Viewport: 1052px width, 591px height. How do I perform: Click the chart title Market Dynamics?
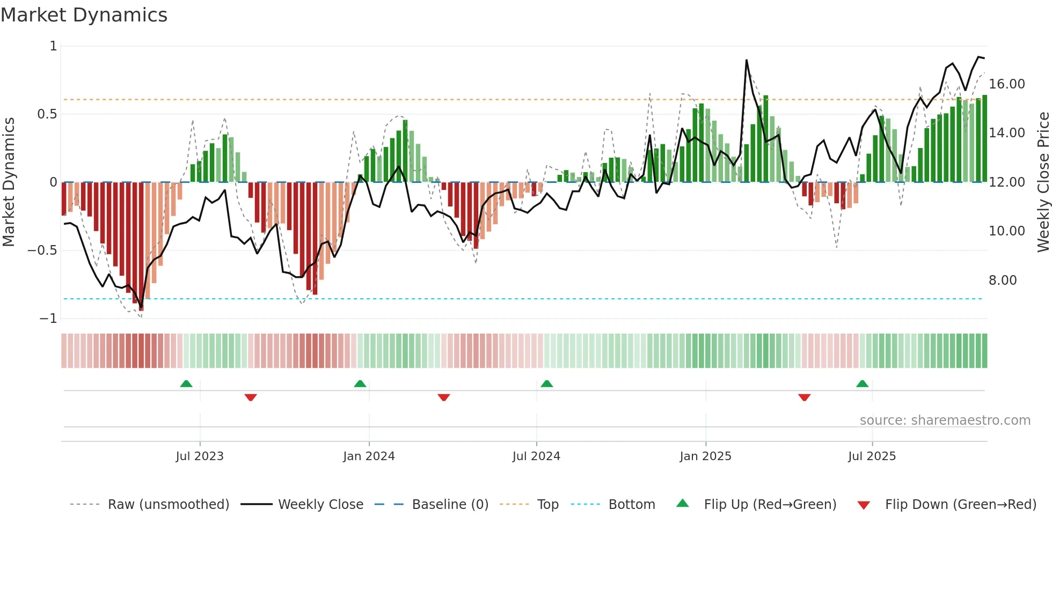pos(84,15)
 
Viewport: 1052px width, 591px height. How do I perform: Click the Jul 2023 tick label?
pos(199,456)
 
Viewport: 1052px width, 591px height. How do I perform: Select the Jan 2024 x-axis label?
pos(369,456)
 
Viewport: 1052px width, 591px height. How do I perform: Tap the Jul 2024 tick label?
pos(536,456)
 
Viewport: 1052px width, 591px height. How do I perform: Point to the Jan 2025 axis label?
pos(705,456)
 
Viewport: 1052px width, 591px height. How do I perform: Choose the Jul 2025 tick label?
pos(872,456)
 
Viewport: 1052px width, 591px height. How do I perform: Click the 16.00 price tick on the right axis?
pos(1006,84)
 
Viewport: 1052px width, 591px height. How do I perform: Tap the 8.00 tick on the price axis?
pos(1002,280)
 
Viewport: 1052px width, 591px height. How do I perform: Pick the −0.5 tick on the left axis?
pos(42,250)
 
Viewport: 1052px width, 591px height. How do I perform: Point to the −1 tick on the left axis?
pos(48,319)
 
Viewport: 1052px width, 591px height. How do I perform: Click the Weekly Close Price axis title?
pos(1043,182)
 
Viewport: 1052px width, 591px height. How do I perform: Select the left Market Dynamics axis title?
pos(9,182)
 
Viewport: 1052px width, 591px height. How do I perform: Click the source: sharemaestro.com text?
pos(945,420)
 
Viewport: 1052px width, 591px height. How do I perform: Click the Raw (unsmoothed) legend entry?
pos(168,505)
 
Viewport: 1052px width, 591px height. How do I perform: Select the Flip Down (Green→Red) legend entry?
pos(960,505)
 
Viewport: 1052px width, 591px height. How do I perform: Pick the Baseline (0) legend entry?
pos(450,505)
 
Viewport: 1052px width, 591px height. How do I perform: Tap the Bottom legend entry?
pos(631,505)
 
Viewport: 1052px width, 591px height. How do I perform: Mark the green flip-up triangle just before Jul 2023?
pos(186,384)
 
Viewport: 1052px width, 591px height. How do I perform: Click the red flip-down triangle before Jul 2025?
pos(804,397)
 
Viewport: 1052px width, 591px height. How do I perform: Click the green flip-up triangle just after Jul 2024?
pos(546,384)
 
